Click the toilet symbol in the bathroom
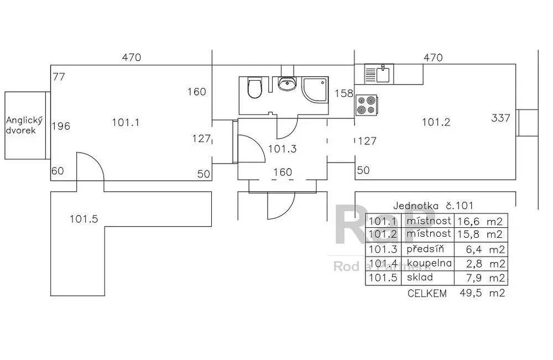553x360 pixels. click(x=254, y=88)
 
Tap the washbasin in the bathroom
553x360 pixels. click(x=288, y=84)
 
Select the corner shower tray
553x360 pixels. click(x=315, y=90)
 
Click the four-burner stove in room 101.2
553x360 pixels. click(x=366, y=105)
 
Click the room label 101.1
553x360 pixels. click(x=126, y=123)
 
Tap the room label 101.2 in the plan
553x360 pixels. click(x=436, y=122)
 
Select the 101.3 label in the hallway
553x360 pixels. click(x=282, y=149)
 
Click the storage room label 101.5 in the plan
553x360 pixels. click(x=84, y=219)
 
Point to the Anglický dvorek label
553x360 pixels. click(x=24, y=126)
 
